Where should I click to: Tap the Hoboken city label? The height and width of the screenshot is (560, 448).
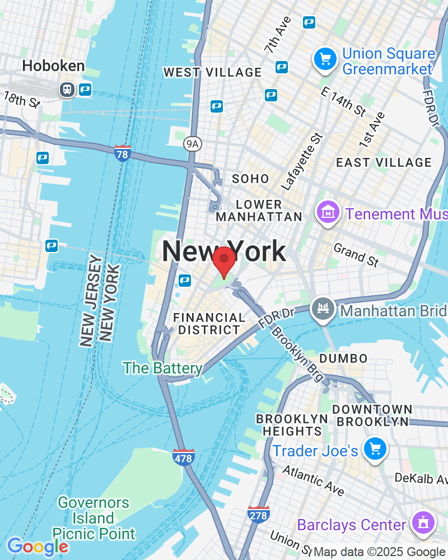54,66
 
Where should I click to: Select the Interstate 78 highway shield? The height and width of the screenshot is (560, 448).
123,153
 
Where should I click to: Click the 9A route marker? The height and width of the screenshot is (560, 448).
192,144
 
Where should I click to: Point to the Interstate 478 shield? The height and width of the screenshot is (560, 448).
183,456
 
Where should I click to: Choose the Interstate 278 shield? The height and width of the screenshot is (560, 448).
258,514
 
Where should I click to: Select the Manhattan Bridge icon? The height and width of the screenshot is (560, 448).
324,310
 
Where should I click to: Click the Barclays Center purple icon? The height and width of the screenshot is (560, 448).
421,524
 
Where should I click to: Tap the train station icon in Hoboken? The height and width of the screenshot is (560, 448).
67,89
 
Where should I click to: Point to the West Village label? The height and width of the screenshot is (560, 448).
212,72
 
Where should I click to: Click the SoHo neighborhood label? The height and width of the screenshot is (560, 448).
250,179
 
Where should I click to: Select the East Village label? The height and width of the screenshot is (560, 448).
384,162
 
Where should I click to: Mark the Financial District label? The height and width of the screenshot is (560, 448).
209,324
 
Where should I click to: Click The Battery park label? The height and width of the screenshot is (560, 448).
162,368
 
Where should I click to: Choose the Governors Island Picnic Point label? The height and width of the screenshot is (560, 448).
94,518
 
